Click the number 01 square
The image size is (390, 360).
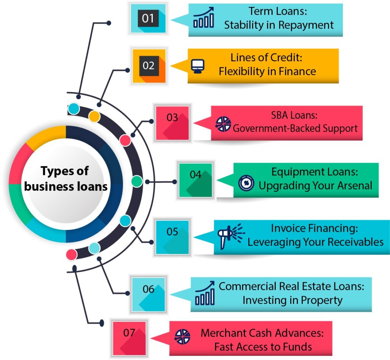pyautogui.click(x=148, y=18)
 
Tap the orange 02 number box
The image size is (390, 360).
pyautogui.click(x=149, y=66)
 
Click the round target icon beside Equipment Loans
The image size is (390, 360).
pyautogui.click(x=246, y=183)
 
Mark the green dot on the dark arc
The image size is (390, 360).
pyautogui.click(x=137, y=182)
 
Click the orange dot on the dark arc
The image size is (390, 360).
pyautogui.click(x=94, y=116)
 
